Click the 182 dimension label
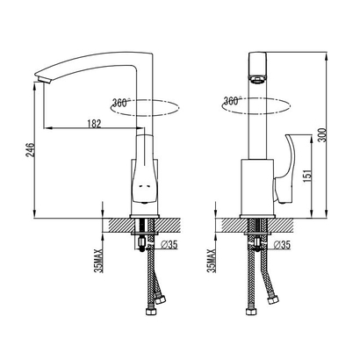point(94,124)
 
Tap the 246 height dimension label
point(31,150)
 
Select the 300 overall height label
point(321,135)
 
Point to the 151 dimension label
point(307,176)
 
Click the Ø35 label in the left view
point(169,245)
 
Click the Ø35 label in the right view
point(283,245)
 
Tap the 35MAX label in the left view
point(99,261)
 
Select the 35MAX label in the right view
point(212,261)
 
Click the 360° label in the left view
point(121,103)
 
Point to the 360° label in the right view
point(233,100)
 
